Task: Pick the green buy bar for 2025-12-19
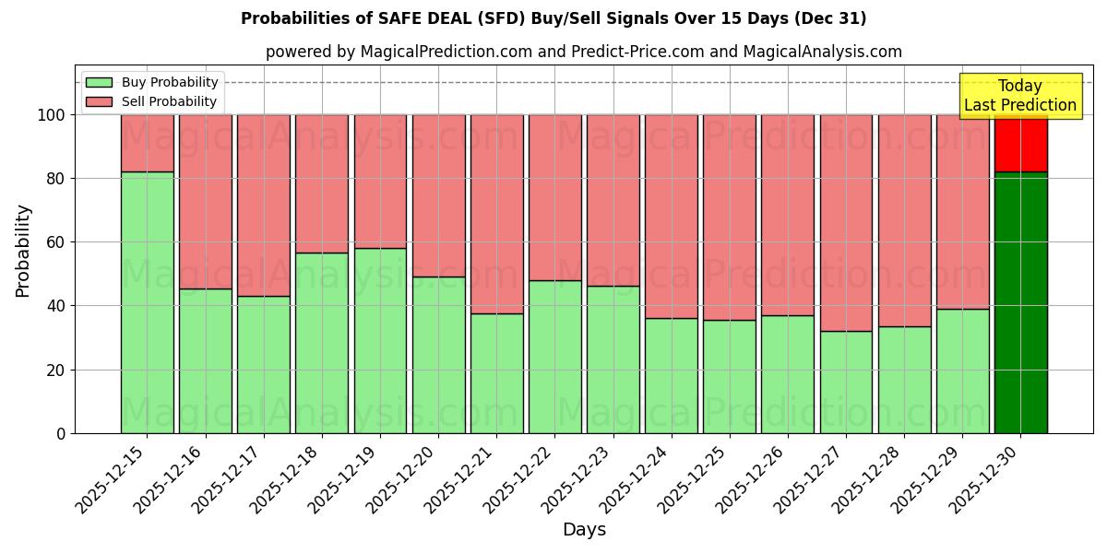(380, 340)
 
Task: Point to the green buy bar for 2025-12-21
(496, 373)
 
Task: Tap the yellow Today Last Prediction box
(1019, 96)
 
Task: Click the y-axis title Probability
(23, 250)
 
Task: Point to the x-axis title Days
(583, 530)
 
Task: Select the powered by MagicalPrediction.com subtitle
(583, 52)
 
